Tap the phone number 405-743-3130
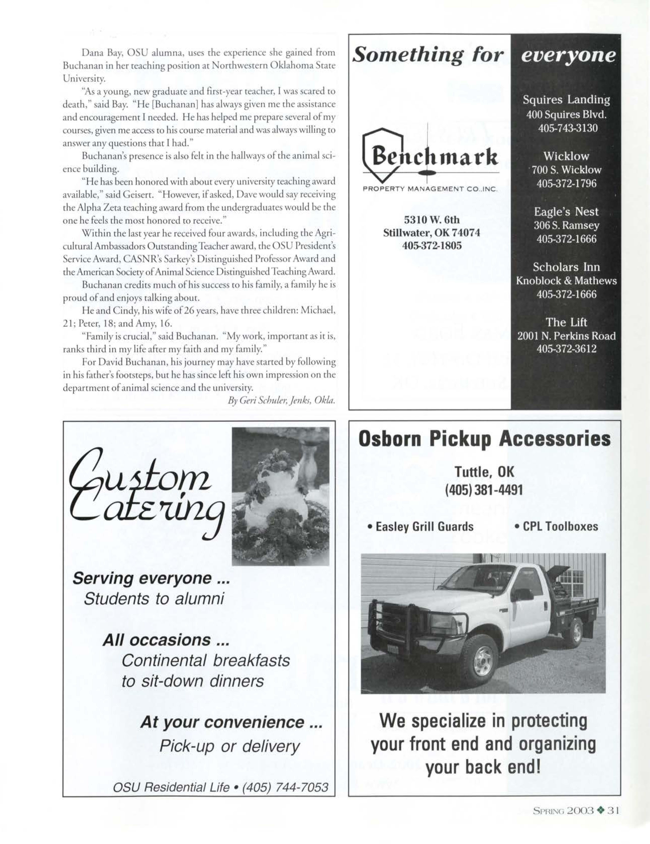[x=567, y=128]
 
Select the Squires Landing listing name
[x=566, y=100]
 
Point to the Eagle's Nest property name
[x=566, y=212]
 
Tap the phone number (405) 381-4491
[x=484, y=490]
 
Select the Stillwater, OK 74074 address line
[x=432, y=233]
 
